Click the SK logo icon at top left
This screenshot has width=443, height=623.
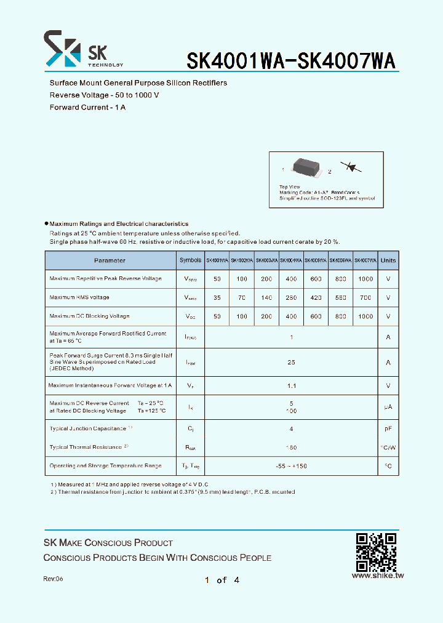(x=62, y=49)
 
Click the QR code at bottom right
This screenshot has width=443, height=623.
(x=376, y=552)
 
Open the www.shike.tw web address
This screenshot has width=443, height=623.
(x=377, y=576)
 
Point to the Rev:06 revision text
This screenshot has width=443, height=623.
(x=53, y=579)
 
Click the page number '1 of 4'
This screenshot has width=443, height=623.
(x=221, y=580)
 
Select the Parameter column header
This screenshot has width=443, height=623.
(x=110, y=260)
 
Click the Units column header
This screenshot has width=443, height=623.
(x=388, y=260)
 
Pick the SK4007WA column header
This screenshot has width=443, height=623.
(x=365, y=260)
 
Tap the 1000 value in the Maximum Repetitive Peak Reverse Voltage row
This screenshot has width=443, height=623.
(x=365, y=279)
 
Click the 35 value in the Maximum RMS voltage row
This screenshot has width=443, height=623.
(x=217, y=297)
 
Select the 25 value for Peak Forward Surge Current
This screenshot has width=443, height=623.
(x=291, y=363)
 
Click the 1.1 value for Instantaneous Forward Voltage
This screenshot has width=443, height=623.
(x=291, y=386)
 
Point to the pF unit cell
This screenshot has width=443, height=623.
(x=388, y=428)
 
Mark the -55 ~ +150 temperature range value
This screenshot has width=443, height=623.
(x=291, y=466)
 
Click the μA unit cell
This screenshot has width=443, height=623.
(x=388, y=407)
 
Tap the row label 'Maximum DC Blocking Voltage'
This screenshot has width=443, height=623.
(x=89, y=316)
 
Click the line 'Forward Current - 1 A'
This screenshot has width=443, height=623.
(x=87, y=107)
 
